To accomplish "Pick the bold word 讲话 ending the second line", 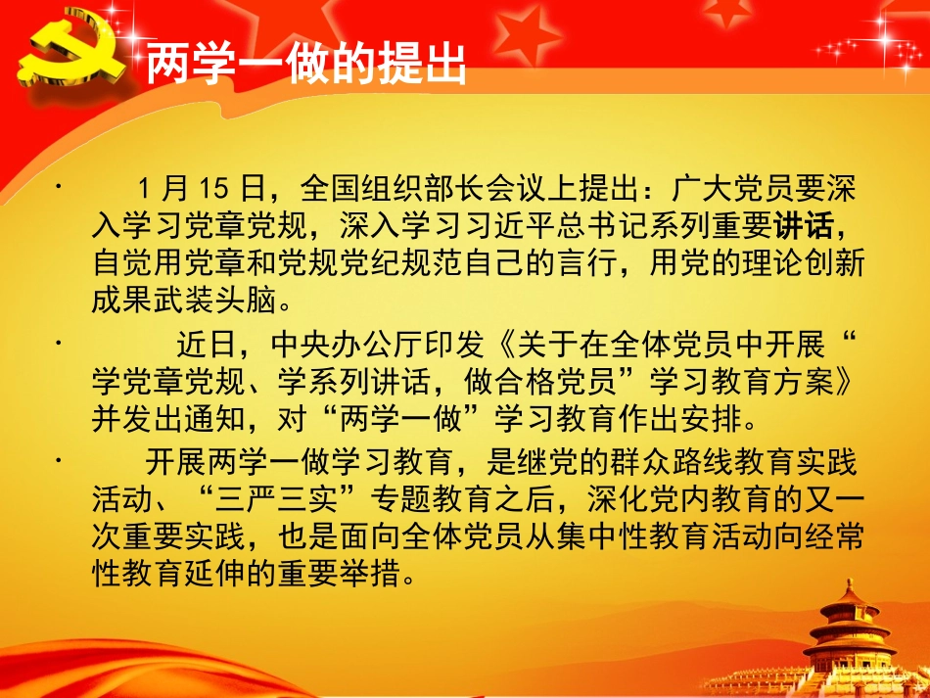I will pos(805,227).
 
